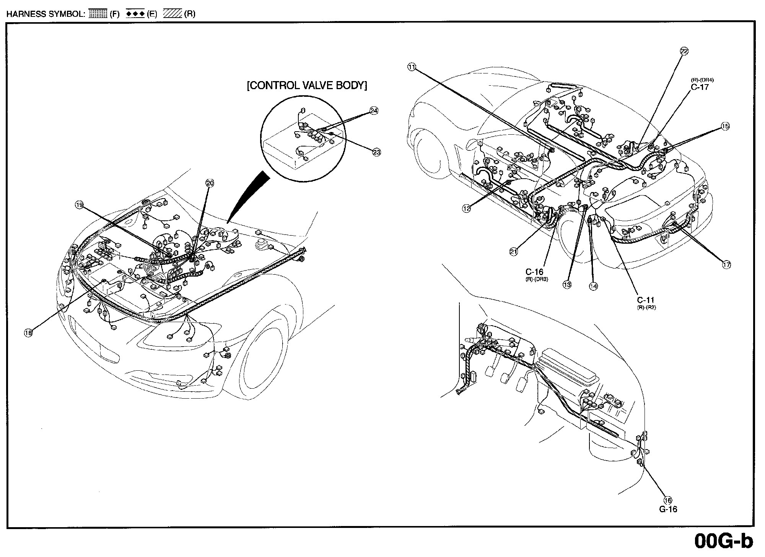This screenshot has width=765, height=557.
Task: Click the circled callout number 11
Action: (411, 67)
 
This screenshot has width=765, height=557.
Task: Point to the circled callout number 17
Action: (727, 264)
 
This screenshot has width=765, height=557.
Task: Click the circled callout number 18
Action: (28, 333)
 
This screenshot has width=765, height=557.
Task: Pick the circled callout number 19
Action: (79, 205)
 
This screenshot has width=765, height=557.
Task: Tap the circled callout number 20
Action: (210, 183)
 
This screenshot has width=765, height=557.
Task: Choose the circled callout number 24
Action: (374, 111)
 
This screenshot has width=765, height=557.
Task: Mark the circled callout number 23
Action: (376, 152)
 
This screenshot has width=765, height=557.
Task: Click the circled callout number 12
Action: (466, 208)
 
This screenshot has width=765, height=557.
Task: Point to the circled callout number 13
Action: (567, 285)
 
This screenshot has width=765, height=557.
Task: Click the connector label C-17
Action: (700, 87)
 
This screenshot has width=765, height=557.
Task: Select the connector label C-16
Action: (534, 272)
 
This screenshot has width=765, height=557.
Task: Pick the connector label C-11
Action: (646, 300)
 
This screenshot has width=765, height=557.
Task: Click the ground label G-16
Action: (668, 509)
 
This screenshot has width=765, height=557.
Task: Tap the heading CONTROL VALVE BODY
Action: (307, 85)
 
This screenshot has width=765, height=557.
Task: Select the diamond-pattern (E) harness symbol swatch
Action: (135, 14)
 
